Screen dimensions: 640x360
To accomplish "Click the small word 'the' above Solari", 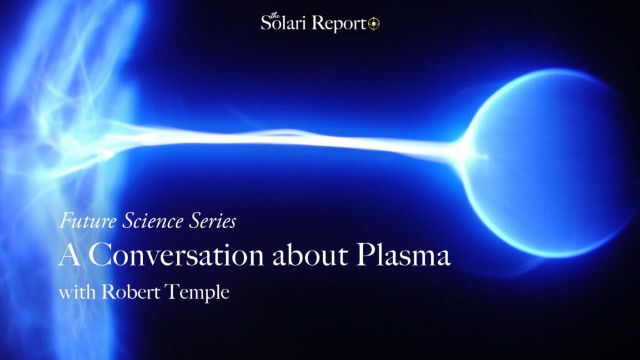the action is (x=275, y=16).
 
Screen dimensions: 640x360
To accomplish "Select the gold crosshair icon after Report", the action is (x=374, y=24).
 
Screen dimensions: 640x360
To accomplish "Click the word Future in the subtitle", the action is (x=88, y=221).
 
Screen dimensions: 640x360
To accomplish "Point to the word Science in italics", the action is (x=153, y=221).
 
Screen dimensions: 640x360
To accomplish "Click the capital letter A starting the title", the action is (x=70, y=255).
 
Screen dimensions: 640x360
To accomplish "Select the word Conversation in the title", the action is (x=176, y=255).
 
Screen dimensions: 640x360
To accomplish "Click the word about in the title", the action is (x=310, y=255).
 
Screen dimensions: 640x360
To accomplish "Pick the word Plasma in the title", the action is (x=403, y=255).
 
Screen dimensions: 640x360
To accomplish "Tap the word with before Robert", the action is (x=77, y=292).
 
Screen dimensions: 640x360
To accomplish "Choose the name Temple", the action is (x=197, y=293).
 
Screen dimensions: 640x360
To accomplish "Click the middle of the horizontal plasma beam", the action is (x=286, y=141).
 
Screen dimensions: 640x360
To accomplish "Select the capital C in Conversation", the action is (x=100, y=255).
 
